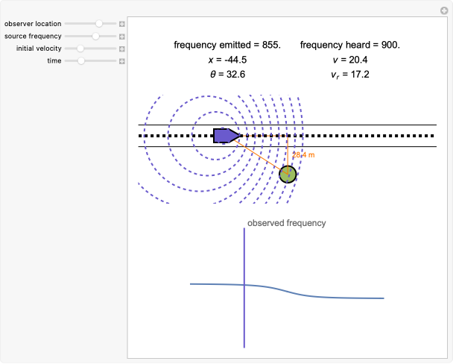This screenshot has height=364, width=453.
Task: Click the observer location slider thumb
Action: click(99, 24)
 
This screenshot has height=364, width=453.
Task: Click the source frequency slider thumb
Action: click(95, 36)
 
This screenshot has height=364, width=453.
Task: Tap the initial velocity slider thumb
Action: click(80, 48)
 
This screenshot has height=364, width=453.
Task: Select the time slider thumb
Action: click(81, 60)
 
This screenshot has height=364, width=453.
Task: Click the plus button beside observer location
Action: click(122, 24)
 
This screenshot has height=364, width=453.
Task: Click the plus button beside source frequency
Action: click(122, 36)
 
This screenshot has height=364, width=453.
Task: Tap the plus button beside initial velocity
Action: click(122, 48)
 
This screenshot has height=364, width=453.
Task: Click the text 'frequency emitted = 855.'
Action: click(227, 45)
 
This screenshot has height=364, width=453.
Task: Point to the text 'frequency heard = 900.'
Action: click(350, 45)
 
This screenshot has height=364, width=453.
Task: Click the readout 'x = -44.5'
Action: click(227, 60)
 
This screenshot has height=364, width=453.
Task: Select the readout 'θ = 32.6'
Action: click(227, 75)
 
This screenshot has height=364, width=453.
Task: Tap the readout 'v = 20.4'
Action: click(350, 60)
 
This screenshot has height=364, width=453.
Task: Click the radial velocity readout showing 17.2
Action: click(350, 75)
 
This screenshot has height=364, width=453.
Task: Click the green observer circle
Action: click(288, 175)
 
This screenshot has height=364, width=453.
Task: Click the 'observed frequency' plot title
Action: click(286, 223)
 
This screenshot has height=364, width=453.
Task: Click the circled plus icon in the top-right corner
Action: click(445, 10)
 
